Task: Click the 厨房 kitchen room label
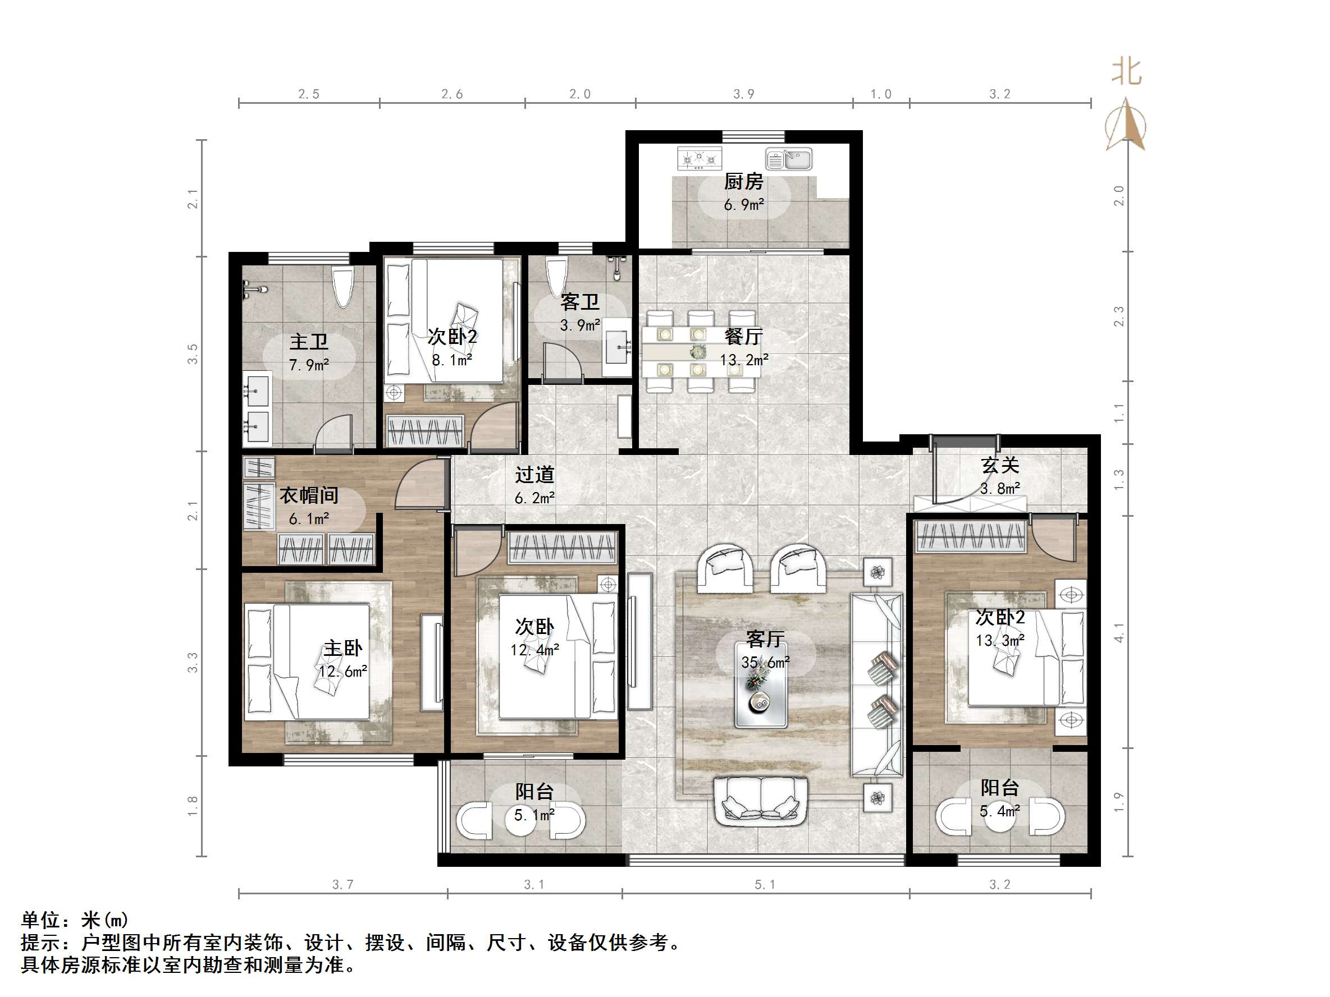tap(743, 181)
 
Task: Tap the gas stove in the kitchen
tap(700, 159)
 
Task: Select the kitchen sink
tap(788, 159)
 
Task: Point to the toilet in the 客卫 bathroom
tap(556, 275)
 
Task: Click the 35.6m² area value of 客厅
tap(765, 662)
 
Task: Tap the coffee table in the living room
tap(761, 686)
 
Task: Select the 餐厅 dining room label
tap(744, 336)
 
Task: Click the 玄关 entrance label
tap(1000, 465)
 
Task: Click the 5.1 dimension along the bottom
tap(765, 885)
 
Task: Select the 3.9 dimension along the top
tap(743, 94)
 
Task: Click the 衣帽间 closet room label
tap(309, 495)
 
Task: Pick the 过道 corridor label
tap(534, 475)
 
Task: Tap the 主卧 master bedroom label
tap(342, 648)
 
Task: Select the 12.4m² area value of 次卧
tap(534, 650)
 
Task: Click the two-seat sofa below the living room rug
tap(761, 801)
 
